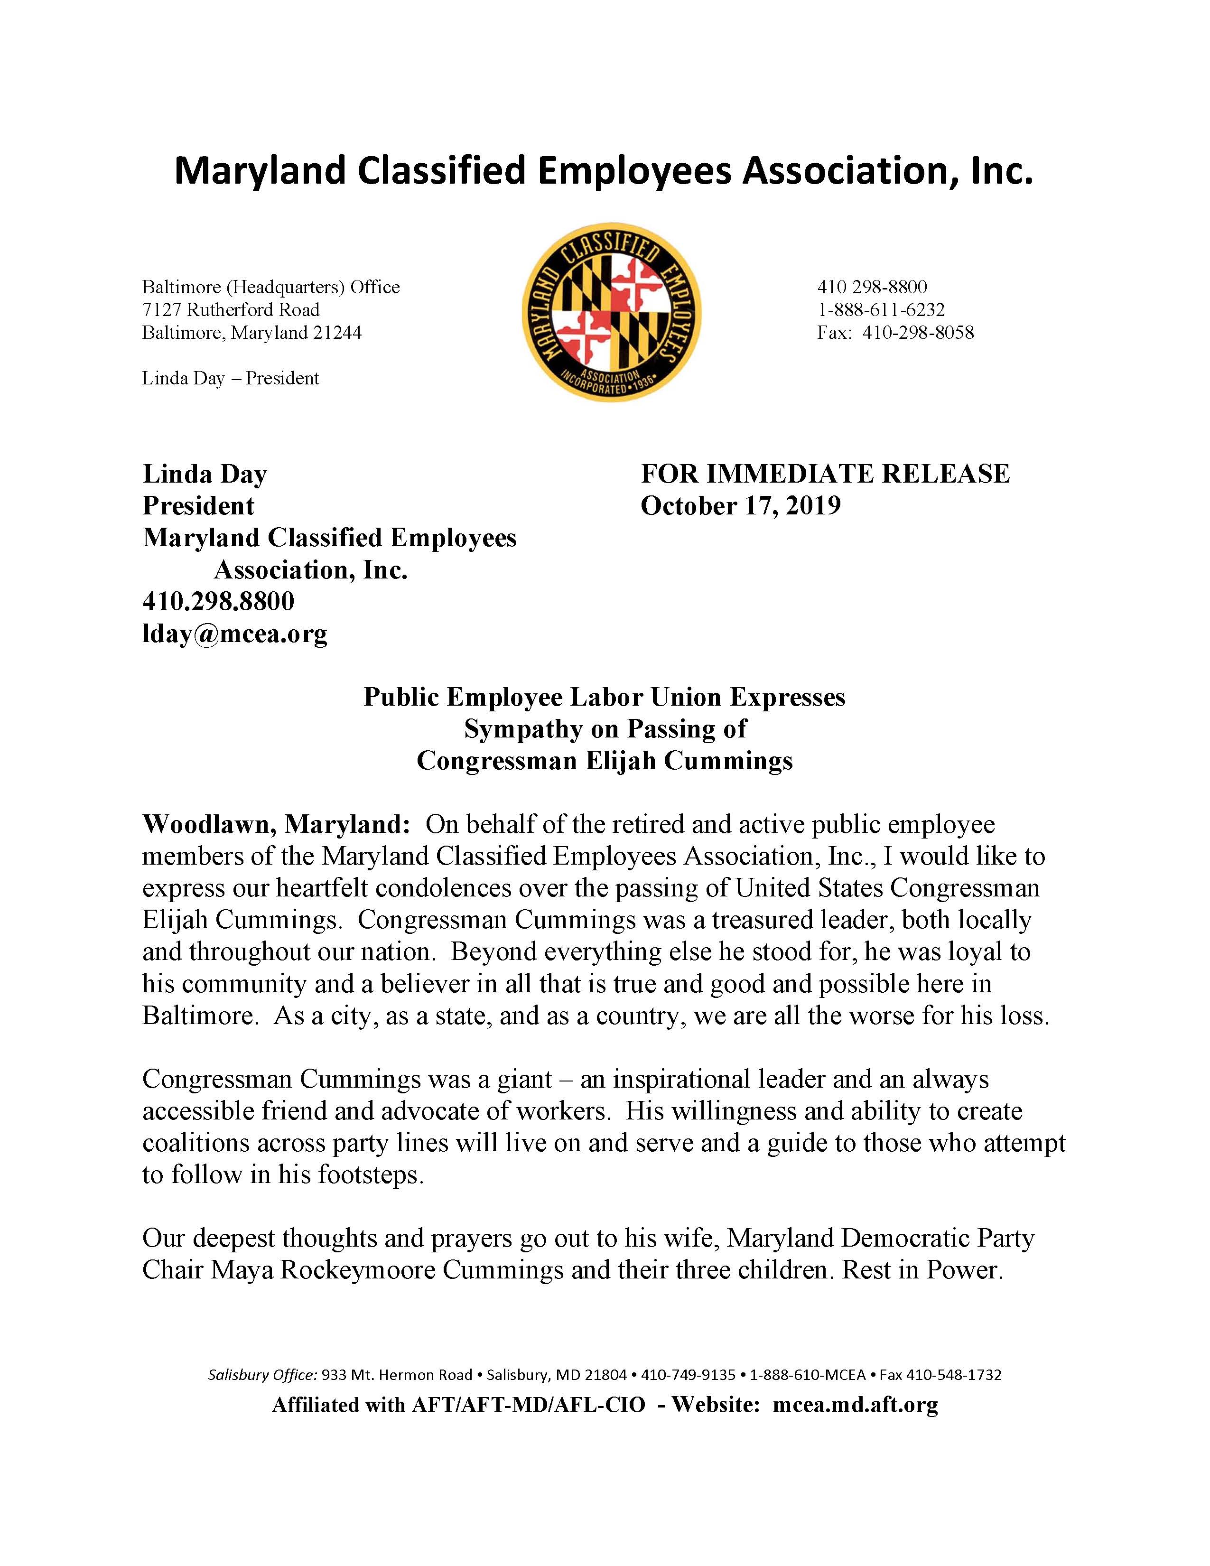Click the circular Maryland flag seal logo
[x=612, y=313]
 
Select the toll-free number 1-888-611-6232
[x=881, y=310]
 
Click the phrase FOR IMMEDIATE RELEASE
[x=825, y=474]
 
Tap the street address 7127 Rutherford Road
[x=231, y=310]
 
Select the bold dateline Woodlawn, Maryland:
[x=276, y=825]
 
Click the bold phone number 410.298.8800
[x=219, y=602]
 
